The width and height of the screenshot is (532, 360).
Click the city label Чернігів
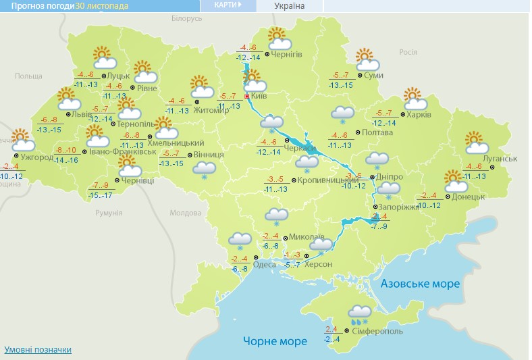(287, 54)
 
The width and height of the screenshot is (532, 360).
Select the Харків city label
(419, 115)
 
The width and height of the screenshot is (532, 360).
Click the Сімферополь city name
(377, 332)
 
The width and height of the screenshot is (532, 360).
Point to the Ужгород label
(37, 157)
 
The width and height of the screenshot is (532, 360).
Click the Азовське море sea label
(420, 284)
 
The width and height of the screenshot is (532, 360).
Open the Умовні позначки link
(38, 350)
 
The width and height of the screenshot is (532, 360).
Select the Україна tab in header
(290, 6)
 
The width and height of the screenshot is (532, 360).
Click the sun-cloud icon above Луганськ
(477, 143)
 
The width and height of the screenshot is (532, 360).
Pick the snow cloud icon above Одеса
(240, 240)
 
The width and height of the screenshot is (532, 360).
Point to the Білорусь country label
(187, 19)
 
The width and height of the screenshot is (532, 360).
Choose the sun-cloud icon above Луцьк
(103, 57)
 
